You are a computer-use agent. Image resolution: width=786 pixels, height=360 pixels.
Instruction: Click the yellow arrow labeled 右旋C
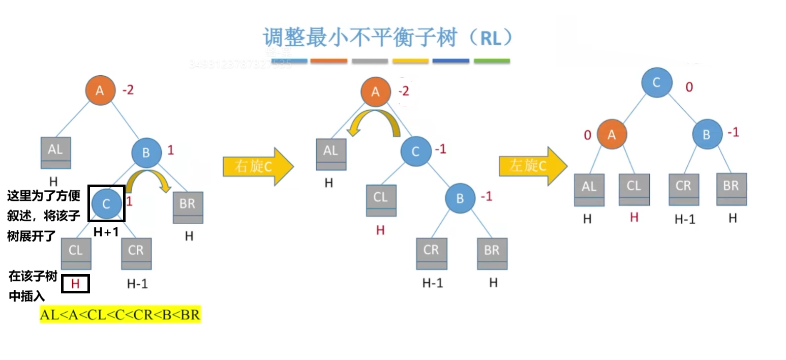257,166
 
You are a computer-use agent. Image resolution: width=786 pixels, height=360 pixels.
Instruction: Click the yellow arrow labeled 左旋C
532,166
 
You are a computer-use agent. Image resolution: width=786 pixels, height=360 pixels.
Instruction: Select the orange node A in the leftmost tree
100,90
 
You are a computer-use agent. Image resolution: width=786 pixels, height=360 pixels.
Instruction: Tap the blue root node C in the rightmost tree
656,83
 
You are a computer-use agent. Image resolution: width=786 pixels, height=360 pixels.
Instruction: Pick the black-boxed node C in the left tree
106,203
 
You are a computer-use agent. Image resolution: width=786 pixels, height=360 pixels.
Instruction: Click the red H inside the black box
75,284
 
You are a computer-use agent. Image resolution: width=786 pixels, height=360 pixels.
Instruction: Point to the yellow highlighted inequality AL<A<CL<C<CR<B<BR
120,314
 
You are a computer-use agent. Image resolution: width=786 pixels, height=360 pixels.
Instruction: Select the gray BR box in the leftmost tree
188,207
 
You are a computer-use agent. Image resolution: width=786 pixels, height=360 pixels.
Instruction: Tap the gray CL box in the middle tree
381,200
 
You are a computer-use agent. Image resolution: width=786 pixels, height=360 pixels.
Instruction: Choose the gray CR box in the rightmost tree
683,189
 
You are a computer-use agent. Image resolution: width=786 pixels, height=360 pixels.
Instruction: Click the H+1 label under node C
106,232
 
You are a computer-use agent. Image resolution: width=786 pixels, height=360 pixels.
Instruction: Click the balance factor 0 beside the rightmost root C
689,87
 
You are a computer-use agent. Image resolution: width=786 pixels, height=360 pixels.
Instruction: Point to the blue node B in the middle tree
460,198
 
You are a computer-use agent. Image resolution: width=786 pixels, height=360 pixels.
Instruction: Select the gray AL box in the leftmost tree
56,152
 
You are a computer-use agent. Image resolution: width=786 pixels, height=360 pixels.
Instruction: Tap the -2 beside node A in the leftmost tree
128,91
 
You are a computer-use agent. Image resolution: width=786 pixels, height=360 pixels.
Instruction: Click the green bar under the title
492,61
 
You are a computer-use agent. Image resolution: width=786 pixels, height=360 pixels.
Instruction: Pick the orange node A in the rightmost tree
612,134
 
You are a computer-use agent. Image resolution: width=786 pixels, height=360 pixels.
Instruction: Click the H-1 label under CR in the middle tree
432,283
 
